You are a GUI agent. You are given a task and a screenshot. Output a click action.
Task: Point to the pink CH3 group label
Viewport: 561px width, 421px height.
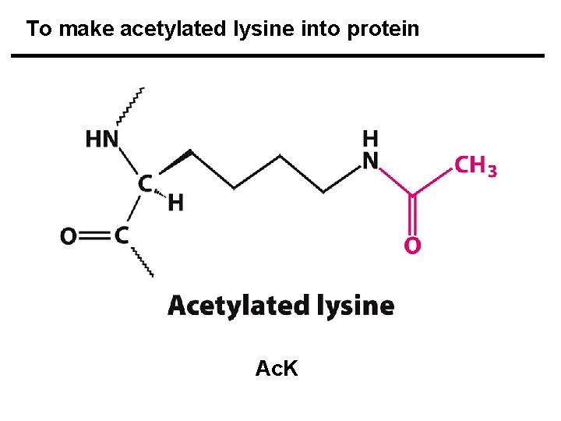(475, 166)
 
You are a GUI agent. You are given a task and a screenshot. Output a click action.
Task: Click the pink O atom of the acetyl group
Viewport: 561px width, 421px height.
(413, 246)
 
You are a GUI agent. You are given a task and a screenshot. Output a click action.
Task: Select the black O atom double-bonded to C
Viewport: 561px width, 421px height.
(69, 235)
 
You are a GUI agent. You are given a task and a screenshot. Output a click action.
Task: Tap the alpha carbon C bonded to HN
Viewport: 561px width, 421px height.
(144, 184)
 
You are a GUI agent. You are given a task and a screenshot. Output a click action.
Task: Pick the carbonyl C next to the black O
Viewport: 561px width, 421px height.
(122, 235)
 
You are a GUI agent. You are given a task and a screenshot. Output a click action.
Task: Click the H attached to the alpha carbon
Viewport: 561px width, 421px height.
(176, 203)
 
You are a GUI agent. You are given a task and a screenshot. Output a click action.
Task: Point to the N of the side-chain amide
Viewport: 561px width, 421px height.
(370, 160)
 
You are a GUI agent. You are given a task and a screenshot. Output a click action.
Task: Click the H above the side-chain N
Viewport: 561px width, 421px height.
(370, 139)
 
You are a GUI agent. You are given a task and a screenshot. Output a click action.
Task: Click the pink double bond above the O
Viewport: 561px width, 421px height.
(413, 214)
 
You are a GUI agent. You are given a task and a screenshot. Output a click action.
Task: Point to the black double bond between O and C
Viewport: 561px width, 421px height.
(95, 235)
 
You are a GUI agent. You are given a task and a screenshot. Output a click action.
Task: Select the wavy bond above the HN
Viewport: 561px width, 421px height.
(130, 105)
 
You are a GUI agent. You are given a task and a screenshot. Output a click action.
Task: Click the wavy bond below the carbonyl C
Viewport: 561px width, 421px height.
(142, 262)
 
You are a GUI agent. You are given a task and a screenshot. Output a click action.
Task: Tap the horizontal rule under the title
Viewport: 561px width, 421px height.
(277, 56)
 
